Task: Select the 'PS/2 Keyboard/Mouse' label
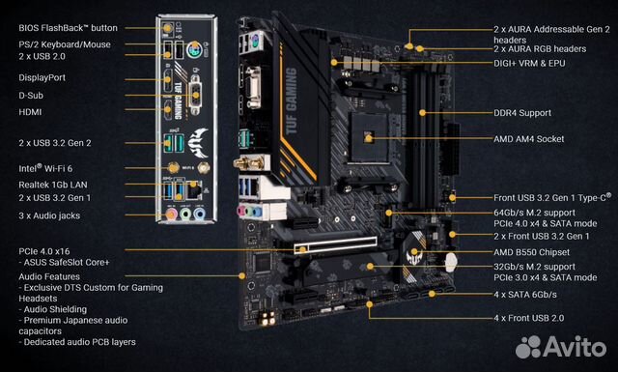coord(64,44)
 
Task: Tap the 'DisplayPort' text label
coord(44,75)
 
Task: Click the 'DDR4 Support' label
coord(521,113)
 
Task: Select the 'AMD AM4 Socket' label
coord(529,140)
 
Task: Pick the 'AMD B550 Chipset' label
coord(532,251)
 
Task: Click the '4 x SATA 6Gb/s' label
coord(527,293)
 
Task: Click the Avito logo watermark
coord(560,346)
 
